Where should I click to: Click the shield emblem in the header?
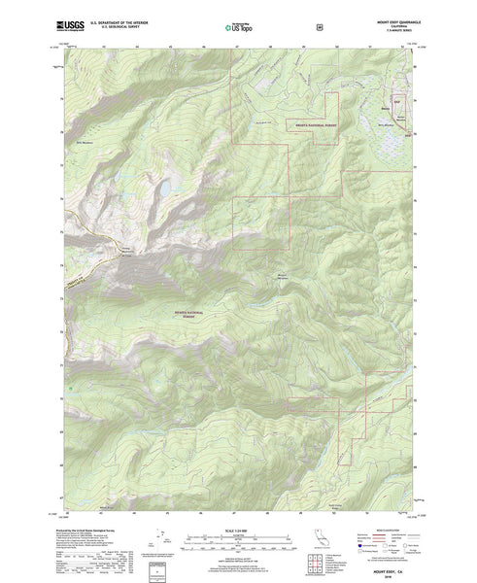click(321, 27)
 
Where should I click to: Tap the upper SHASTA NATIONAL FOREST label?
click(308, 125)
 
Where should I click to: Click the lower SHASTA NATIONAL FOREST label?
click(190, 315)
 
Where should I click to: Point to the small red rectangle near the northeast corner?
click(396, 99)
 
